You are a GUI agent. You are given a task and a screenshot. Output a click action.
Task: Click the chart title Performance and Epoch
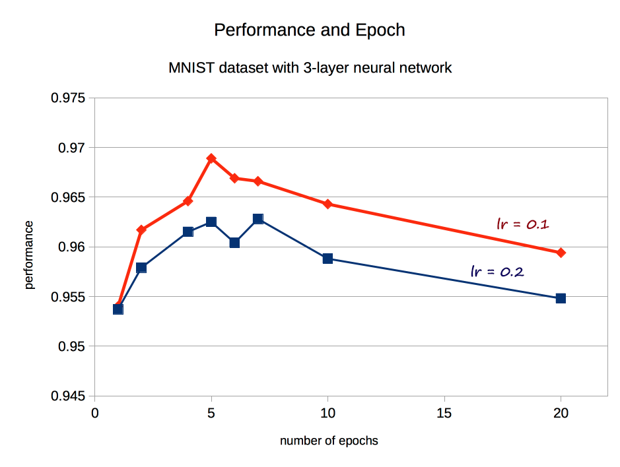point(310,30)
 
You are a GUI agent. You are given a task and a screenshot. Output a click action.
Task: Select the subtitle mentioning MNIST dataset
point(310,67)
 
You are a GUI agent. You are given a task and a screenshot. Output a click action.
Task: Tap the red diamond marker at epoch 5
point(211,158)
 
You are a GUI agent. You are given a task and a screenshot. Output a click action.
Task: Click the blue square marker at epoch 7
point(258,219)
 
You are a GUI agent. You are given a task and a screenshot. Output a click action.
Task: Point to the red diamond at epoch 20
point(561,253)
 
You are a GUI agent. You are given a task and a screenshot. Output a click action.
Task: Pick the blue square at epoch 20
point(561,298)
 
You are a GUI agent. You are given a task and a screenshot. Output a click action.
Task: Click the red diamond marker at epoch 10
point(327,204)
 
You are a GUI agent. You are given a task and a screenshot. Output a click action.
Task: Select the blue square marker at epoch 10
point(327,259)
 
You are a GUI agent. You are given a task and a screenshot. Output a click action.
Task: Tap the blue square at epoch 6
point(234,243)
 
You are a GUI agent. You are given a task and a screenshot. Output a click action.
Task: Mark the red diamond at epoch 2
point(141,230)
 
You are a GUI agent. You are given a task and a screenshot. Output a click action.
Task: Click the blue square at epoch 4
point(188,232)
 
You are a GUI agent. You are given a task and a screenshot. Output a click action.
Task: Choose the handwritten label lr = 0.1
point(523,224)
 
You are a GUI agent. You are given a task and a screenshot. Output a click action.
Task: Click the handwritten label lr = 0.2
point(497,270)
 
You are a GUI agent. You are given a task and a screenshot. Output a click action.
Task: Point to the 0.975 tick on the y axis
point(68,98)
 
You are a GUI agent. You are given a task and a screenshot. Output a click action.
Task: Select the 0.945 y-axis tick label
point(68,396)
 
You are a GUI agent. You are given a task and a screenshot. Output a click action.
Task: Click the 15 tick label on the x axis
point(444,414)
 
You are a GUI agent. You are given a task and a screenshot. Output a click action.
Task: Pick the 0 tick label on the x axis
point(95,414)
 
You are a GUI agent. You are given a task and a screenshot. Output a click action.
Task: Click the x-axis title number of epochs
point(329,441)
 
